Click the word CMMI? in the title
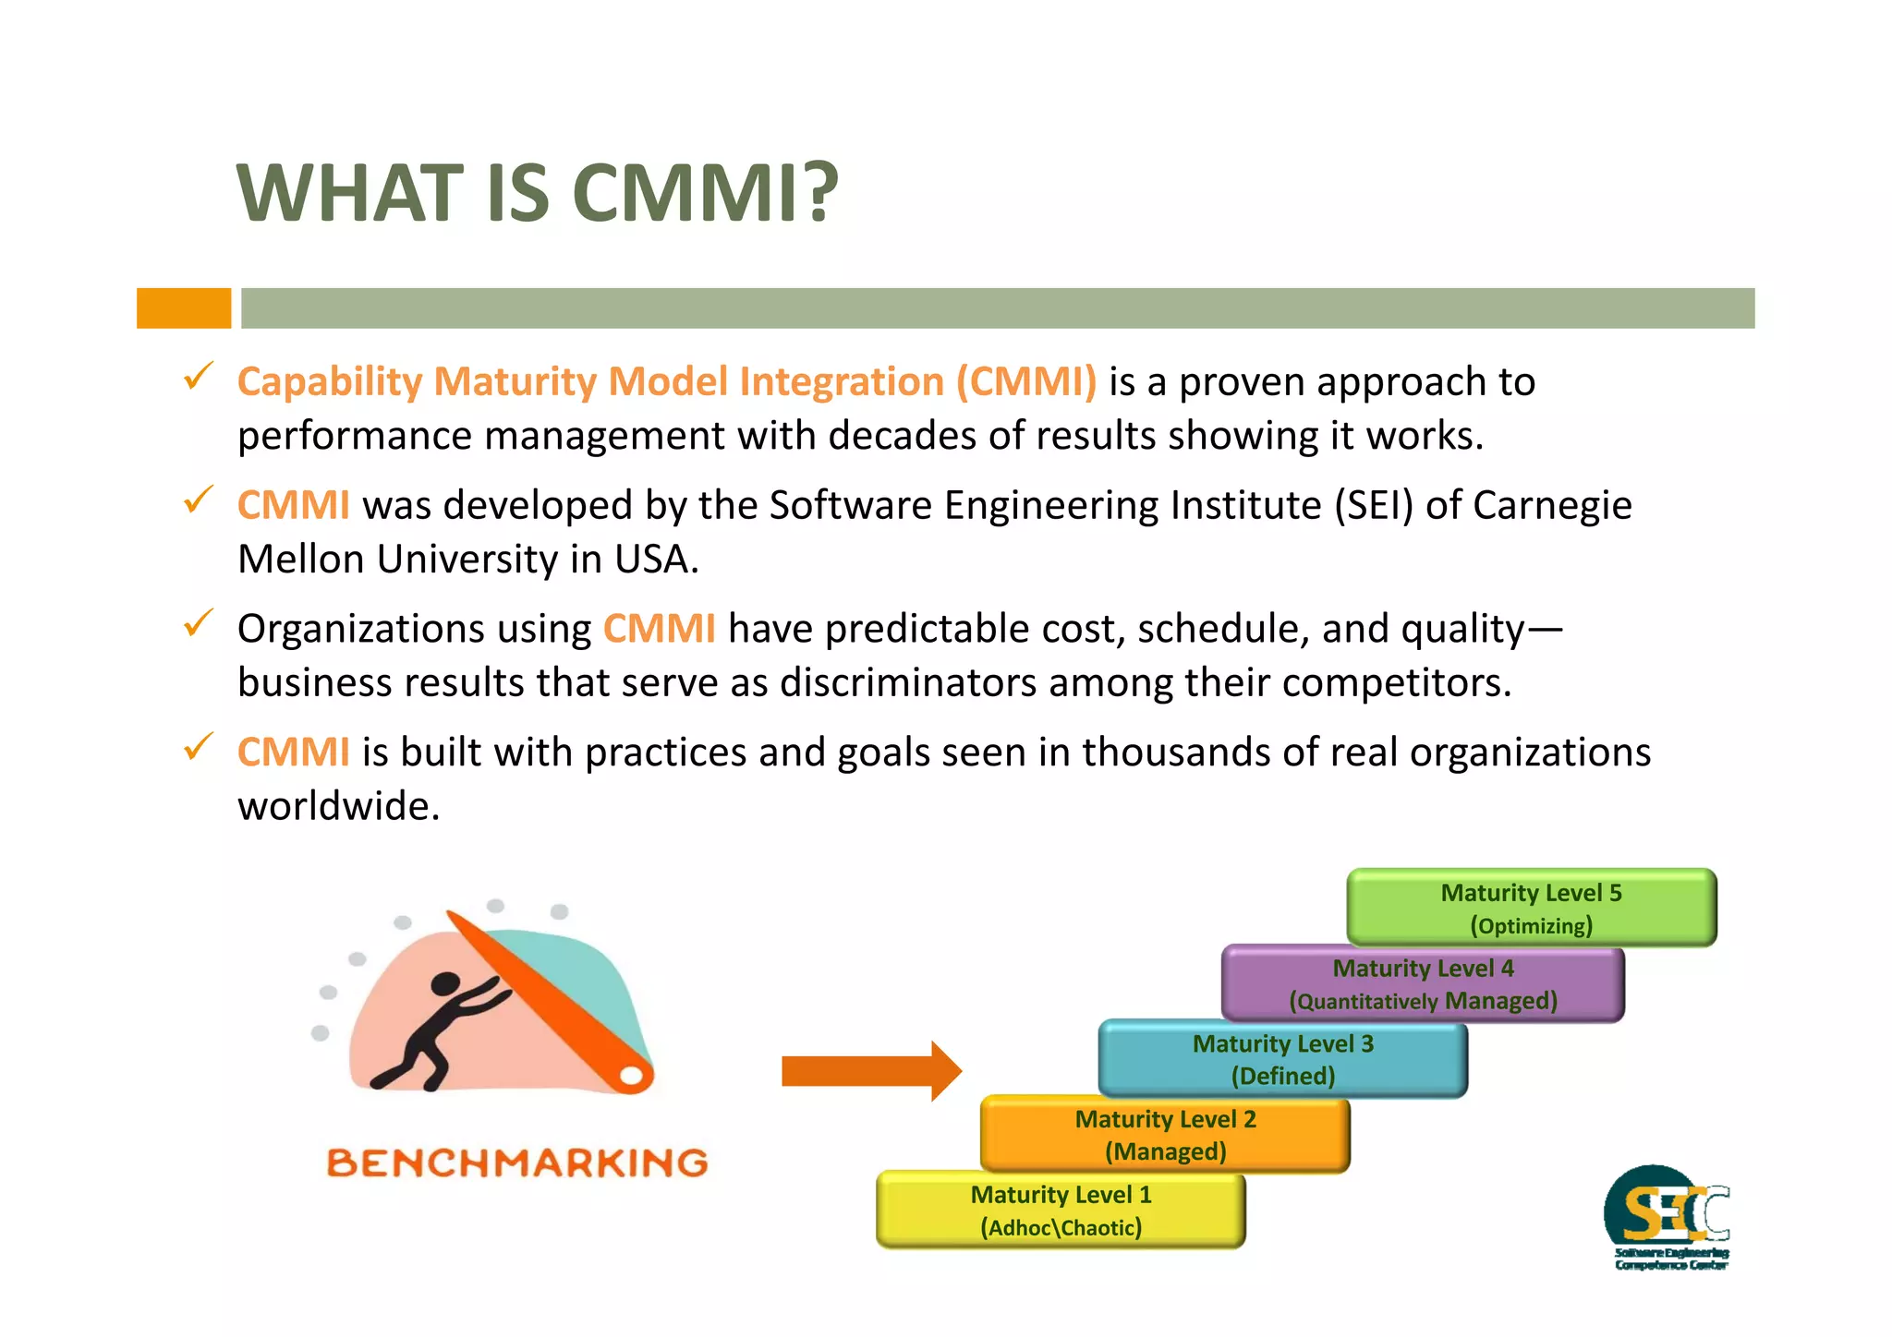[705, 194]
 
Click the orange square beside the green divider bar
[184, 308]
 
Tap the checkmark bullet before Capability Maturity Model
[198, 377]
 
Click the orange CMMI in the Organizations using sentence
[659, 630]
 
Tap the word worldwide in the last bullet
[338, 807]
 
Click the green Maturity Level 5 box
[1531, 908]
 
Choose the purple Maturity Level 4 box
[1423, 983]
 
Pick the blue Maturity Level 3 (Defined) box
[1282, 1059]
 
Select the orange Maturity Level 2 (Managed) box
[1165, 1135]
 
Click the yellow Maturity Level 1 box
[1061, 1211]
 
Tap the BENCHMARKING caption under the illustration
[517, 1163]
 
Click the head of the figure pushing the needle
[445, 985]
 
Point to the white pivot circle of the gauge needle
[631, 1076]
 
